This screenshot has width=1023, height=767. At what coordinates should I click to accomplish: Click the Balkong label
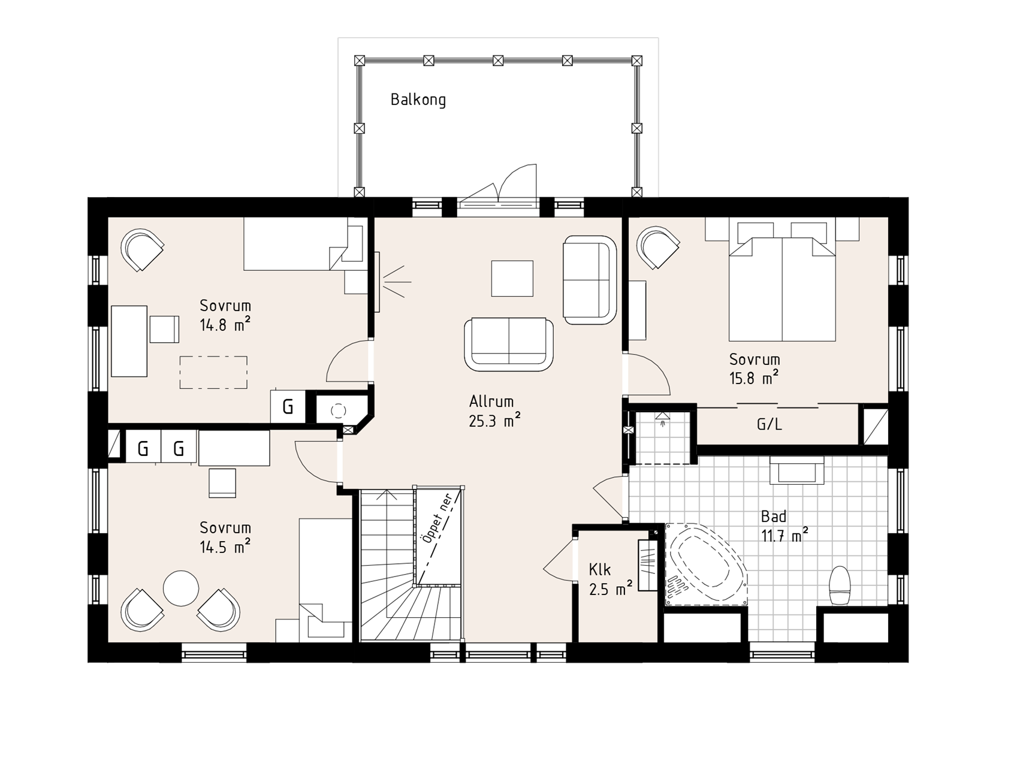[x=418, y=99]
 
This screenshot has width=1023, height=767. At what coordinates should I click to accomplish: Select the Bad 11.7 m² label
[x=784, y=526]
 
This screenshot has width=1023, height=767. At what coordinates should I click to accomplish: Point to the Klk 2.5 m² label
[x=611, y=579]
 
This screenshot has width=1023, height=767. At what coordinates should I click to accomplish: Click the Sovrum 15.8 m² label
[x=755, y=369]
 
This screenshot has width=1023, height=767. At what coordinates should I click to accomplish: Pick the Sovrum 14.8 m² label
[x=225, y=315]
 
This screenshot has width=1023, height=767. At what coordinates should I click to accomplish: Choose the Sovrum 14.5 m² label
[x=225, y=537]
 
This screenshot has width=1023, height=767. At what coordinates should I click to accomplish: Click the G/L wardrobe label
[x=769, y=424]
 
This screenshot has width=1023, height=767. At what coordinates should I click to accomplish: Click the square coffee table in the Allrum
[x=512, y=278]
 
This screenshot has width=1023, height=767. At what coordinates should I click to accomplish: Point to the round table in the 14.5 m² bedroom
[x=180, y=588]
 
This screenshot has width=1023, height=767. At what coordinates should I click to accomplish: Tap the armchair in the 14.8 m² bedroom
[x=143, y=250]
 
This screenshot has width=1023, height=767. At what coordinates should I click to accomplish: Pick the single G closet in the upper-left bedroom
[x=288, y=407]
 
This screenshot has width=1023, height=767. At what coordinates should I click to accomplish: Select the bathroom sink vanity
[x=796, y=470]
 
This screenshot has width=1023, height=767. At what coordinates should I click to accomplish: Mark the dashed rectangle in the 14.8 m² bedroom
[x=213, y=373]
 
